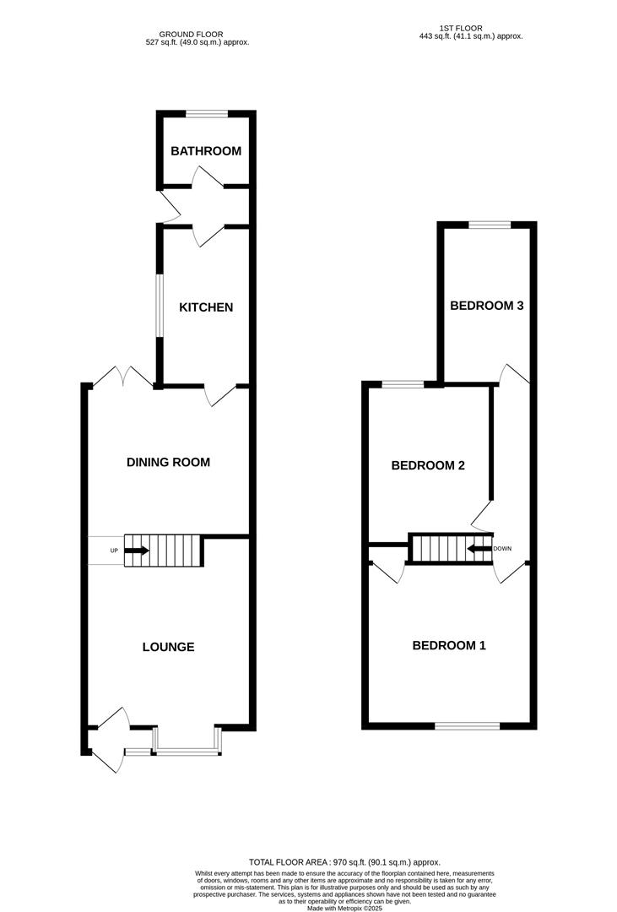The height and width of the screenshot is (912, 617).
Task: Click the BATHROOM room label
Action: [206, 152]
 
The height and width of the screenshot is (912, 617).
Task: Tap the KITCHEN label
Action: [206, 307]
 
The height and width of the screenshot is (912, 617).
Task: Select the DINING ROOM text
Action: [168, 462]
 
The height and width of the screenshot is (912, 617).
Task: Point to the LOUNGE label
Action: [168, 647]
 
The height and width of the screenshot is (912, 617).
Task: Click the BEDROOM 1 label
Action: [449, 646]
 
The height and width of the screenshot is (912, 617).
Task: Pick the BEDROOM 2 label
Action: [428, 465]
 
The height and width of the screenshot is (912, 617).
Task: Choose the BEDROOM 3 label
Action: [487, 306]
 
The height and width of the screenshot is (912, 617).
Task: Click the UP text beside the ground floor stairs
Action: [114, 551]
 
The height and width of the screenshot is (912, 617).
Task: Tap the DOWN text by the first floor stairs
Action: [504, 548]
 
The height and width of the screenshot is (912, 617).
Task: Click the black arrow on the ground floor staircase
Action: [138, 551]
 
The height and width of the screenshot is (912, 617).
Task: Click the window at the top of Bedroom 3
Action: [490, 224]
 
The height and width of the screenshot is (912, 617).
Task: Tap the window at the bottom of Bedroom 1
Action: [467, 725]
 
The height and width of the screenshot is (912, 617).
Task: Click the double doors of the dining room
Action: [123, 377]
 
